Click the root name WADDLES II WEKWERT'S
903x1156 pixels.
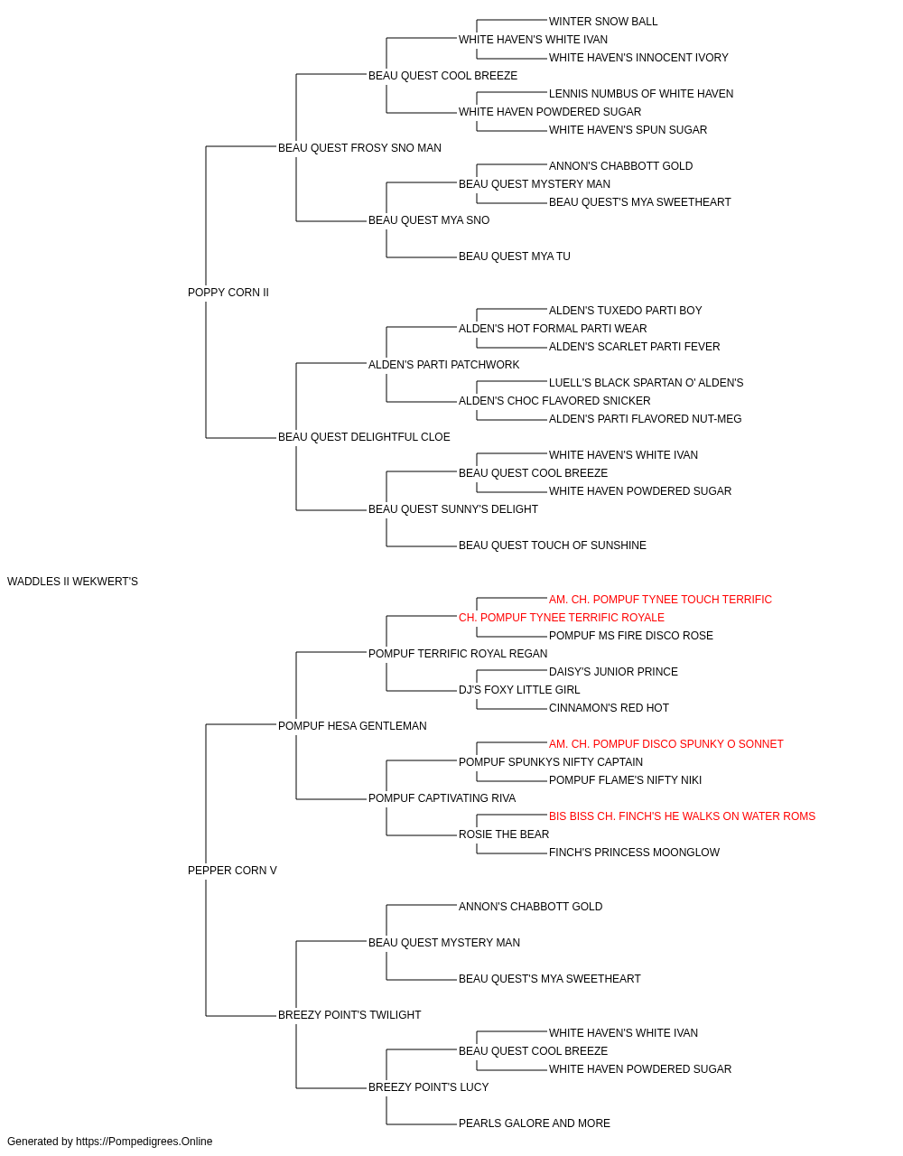point(72,582)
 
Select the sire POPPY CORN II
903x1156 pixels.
point(228,293)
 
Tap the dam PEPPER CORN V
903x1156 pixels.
point(232,871)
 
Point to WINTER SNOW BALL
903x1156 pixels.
point(603,22)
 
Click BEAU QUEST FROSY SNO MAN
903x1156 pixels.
point(359,148)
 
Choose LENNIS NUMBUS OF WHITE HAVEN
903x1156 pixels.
point(641,94)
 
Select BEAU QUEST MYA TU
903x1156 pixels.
point(514,256)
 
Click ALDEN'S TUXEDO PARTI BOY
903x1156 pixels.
point(626,311)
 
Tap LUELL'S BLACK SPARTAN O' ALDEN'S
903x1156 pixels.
point(647,383)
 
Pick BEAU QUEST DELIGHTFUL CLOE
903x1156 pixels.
point(364,437)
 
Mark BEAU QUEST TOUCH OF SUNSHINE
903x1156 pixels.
point(553,545)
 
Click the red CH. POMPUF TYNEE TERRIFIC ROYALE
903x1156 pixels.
point(562,618)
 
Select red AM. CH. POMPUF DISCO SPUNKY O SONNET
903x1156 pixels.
point(666,744)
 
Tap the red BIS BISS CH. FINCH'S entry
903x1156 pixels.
point(682,816)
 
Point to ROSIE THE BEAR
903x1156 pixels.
point(504,834)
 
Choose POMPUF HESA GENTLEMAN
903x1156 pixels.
point(352,726)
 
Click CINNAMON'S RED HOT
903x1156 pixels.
point(609,708)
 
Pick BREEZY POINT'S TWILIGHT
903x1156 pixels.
point(349,1015)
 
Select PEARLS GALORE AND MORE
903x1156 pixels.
point(535,1123)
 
